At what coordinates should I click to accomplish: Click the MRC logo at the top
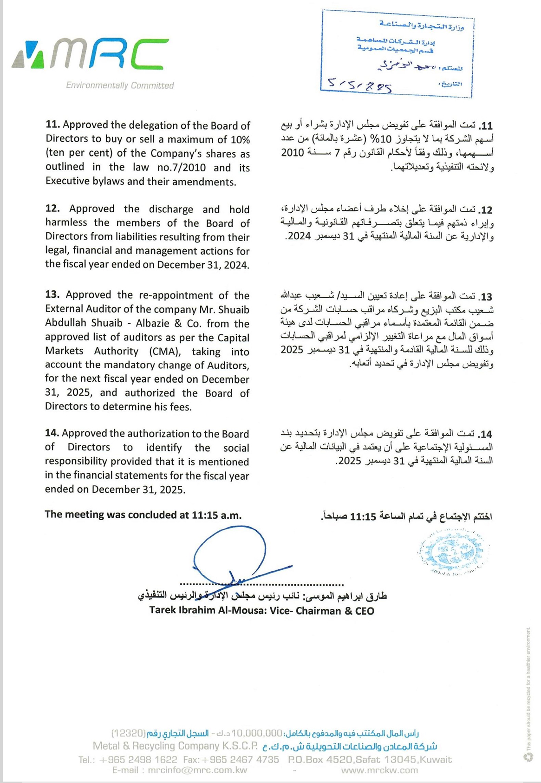pyautogui.click(x=91, y=55)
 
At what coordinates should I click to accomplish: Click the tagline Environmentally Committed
pyautogui.click(x=120, y=85)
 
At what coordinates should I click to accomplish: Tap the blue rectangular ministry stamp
pyautogui.click(x=397, y=55)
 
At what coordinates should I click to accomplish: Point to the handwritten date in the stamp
pyautogui.click(x=359, y=85)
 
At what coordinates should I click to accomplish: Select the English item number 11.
pyautogui.click(x=52, y=125)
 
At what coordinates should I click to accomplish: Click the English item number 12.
pyautogui.click(x=53, y=209)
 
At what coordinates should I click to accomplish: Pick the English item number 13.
pyautogui.click(x=53, y=295)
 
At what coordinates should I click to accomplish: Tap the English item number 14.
pyautogui.click(x=52, y=434)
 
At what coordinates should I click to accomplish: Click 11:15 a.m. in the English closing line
pyautogui.click(x=216, y=515)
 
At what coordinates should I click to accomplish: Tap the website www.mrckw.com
pyautogui.click(x=379, y=770)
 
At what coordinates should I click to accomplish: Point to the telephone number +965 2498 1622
pyautogui.click(x=138, y=760)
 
